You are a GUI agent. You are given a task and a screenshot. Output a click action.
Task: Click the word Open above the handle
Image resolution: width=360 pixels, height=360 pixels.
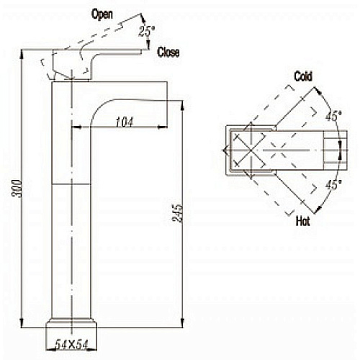pos(102,14)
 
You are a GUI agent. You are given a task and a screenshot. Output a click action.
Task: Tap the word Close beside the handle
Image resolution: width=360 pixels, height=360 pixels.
pos(168,52)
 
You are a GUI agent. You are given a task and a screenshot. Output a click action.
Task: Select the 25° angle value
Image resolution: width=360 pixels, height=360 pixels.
pos(147,31)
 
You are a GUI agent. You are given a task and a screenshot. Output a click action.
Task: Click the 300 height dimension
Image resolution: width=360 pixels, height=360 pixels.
pos(17,188)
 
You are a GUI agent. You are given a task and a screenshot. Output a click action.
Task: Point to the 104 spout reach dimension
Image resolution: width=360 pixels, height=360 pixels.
pos(124,122)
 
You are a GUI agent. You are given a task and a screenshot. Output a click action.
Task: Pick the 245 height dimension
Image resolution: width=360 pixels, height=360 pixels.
pos(177,214)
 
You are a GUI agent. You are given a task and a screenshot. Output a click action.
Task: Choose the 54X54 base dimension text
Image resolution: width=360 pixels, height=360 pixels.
pos(71,345)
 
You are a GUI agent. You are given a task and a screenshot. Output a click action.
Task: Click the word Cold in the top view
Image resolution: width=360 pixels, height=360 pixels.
pos(303,76)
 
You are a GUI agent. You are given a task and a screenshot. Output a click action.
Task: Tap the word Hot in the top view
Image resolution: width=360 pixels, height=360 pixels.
pos(303,221)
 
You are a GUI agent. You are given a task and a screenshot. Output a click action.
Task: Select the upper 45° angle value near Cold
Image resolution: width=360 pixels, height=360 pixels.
pos(333,116)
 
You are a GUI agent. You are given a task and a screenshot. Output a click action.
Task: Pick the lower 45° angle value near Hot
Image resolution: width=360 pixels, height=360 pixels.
pos(333,185)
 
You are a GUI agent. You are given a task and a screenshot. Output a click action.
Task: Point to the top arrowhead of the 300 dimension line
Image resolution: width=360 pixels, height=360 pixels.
pos(22,54)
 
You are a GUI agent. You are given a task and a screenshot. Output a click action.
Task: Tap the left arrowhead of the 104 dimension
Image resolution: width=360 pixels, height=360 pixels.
pos(76,127)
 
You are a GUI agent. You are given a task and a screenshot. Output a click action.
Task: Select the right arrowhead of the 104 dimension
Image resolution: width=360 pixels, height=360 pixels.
pos(163,127)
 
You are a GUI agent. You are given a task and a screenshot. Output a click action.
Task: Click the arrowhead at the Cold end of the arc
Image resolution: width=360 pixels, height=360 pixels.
pos(318,91)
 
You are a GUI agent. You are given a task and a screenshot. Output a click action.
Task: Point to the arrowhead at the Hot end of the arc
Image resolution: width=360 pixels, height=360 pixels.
pos(318,210)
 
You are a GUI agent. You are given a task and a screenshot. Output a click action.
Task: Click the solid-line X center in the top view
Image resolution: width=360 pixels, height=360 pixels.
pos(251,150)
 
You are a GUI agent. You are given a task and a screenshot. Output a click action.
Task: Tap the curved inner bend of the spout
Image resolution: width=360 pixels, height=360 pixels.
pos(99,107)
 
